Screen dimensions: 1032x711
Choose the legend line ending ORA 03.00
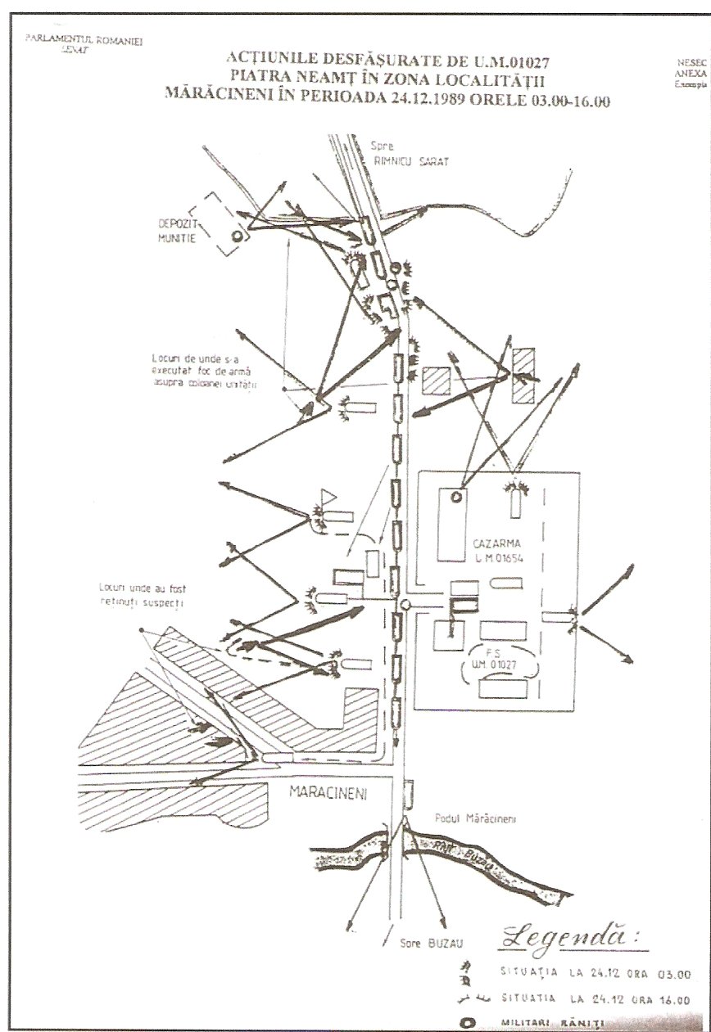(594, 974)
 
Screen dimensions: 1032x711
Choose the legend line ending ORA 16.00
(594, 1000)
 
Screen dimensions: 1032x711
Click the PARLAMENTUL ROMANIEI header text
(84, 40)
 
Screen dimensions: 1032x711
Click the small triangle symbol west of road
(328, 496)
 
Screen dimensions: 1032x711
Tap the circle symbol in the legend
(467, 1022)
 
